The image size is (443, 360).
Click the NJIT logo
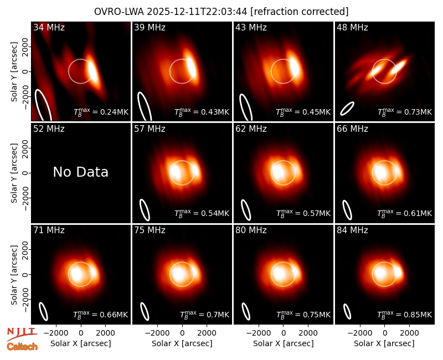[22, 333]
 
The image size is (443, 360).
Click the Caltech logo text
[22, 347]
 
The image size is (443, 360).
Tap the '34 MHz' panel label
[49, 27]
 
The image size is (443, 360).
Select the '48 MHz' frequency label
[352, 27]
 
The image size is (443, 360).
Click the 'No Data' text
[81, 172]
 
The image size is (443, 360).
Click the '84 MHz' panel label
[352, 230]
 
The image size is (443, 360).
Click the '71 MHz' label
[49, 230]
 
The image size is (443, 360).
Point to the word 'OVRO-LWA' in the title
[119, 12]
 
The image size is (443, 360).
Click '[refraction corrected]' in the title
[299, 12]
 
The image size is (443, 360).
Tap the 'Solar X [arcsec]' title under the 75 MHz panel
[182, 343]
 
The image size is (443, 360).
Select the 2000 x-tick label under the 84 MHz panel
[409, 333]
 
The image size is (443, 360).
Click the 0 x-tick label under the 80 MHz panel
[284, 333]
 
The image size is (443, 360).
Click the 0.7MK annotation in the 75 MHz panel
[204, 314]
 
